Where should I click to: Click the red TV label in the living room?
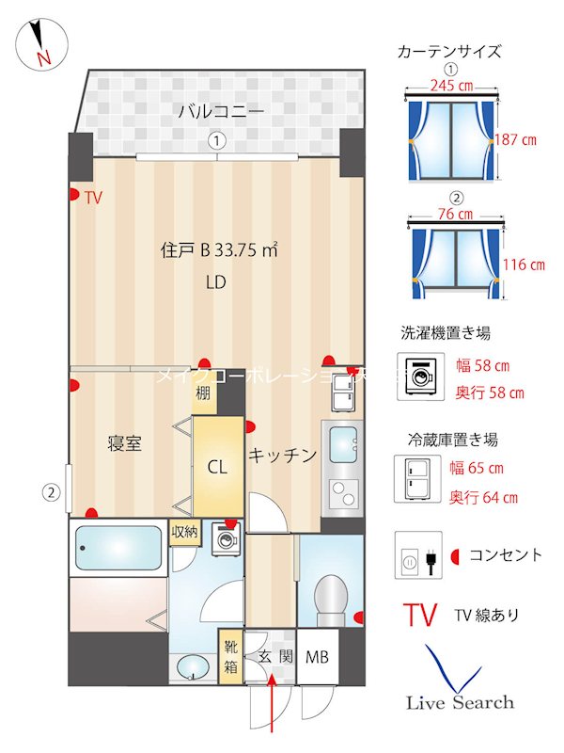(x=93, y=198)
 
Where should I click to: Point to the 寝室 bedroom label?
(x=124, y=443)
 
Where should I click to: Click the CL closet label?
(x=217, y=466)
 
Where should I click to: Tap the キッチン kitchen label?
(x=282, y=456)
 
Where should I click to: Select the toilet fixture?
(x=331, y=598)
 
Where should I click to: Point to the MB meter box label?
(x=317, y=656)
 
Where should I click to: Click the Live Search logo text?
(x=460, y=702)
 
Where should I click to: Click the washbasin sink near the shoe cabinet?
(x=194, y=666)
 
